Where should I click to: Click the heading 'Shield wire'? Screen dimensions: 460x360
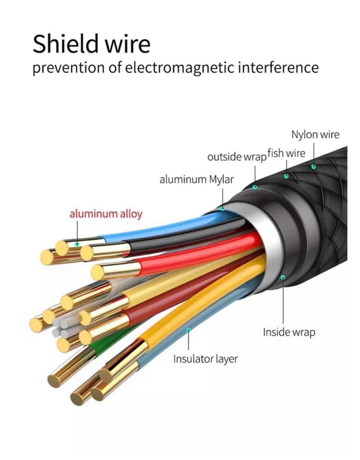[x=91, y=44]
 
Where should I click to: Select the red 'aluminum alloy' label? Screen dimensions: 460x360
[x=106, y=214]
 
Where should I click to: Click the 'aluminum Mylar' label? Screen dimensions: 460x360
[x=196, y=179]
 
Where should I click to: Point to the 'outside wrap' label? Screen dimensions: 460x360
[x=236, y=157]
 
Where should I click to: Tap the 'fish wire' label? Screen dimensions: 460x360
[x=286, y=153]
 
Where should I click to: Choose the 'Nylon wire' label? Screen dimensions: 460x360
[x=315, y=134]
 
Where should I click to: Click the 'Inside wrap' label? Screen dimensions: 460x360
[x=289, y=332]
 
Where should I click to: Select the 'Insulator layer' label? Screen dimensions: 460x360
[x=205, y=359]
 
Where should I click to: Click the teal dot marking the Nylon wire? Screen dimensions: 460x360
[x=314, y=167]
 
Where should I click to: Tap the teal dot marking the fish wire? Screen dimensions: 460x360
[x=286, y=176]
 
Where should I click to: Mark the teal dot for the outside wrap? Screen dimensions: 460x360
[x=255, y=187]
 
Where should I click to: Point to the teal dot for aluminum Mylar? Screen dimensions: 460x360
[x=223, y=209]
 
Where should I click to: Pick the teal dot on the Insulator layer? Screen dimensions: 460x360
[x=188, y=329]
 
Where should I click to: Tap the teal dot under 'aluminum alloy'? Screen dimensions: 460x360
[x=77, y=244]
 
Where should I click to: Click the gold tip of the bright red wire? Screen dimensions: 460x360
[x=98, y=272]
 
